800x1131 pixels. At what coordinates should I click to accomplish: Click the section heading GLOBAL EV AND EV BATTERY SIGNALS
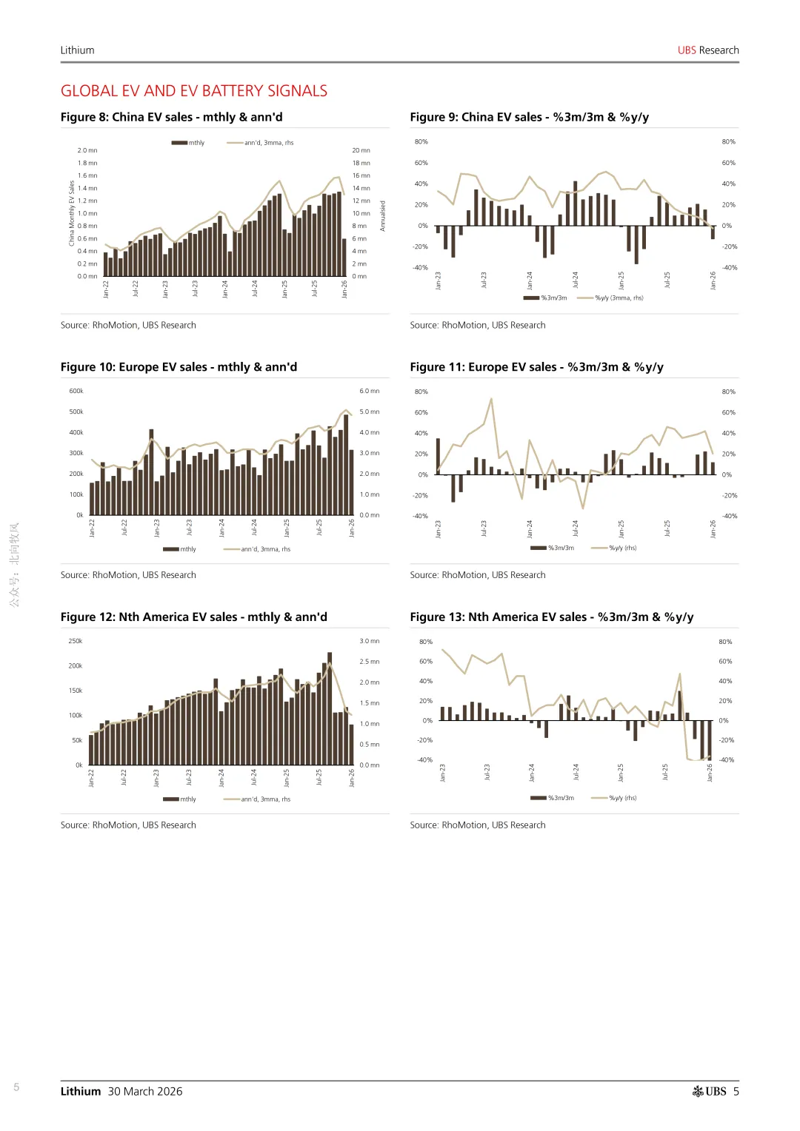(194, 91)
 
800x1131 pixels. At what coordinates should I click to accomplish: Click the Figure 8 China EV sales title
(171, 117)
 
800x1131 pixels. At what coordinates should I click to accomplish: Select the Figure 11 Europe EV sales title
(536, 367)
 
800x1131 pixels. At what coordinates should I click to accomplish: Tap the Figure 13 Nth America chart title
(551, 617)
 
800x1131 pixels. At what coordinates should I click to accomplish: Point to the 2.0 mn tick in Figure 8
(87, 150)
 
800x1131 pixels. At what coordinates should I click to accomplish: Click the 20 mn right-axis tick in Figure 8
(361, 150)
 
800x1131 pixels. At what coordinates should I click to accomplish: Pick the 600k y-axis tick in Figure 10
(76, 391)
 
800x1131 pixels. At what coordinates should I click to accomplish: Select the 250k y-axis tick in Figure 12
(76, 641)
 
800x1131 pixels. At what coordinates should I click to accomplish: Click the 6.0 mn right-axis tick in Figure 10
(369, 391)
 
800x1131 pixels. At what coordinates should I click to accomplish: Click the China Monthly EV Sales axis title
(72, 213)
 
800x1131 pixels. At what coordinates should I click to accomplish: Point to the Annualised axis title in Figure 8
(383, 216)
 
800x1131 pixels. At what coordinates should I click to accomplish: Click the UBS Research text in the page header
(708, 50)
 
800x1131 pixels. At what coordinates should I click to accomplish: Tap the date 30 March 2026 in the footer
(145, 1091)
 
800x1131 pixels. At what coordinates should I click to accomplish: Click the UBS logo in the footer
(709, 1091)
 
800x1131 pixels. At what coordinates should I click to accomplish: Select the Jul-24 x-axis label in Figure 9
(575, 281)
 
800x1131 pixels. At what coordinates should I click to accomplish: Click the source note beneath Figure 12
(128, 825)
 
